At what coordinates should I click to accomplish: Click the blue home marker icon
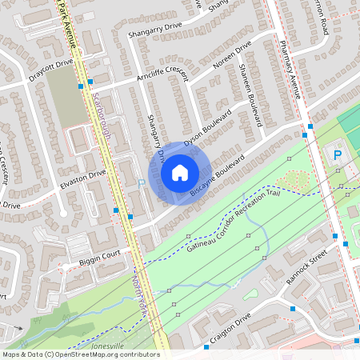click(x=180, y=172)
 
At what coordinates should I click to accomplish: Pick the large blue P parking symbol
click(x=337, y=154)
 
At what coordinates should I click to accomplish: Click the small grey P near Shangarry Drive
click(x=142, y=183)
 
